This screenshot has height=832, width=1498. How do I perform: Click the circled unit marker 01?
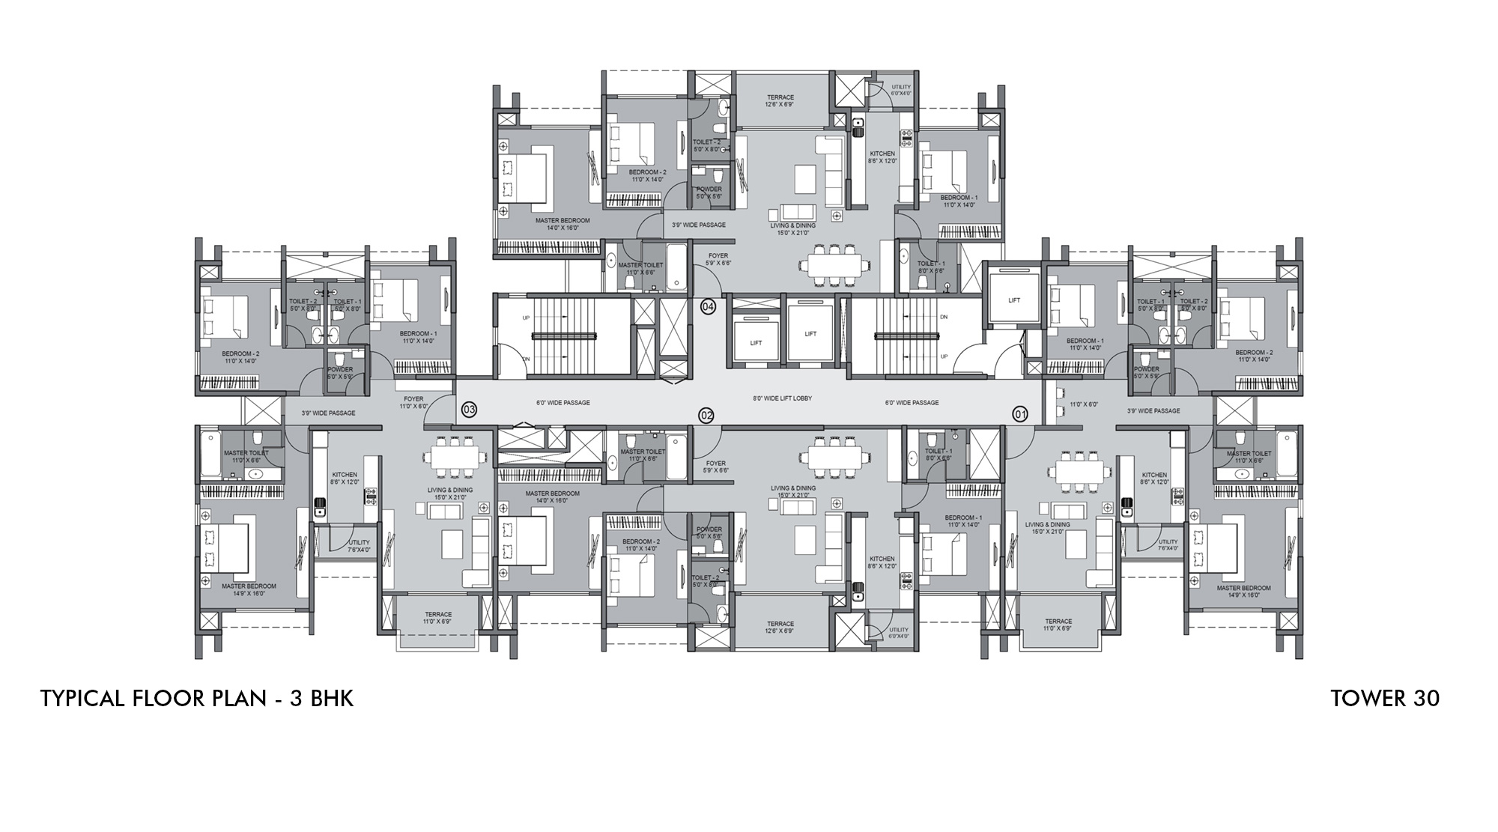point(1020,414)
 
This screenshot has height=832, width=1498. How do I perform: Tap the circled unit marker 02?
point(706,416)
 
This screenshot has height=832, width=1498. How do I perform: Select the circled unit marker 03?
point(469,410)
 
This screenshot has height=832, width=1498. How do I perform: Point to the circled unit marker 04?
point(708,306)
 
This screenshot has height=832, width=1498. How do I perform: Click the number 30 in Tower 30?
point(1427,699)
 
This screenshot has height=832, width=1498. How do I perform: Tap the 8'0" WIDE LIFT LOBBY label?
point(783,398)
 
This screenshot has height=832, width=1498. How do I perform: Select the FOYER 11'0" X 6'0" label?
point(413,402)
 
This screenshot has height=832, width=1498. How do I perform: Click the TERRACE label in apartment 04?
point(780,101)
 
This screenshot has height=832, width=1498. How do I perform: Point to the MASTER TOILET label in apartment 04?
point(641,268)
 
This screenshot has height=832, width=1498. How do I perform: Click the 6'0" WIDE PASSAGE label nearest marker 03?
point(562,403)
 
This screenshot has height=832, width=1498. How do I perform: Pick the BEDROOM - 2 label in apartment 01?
point(1254,356)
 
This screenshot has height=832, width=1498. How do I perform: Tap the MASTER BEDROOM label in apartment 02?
point(552,497)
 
